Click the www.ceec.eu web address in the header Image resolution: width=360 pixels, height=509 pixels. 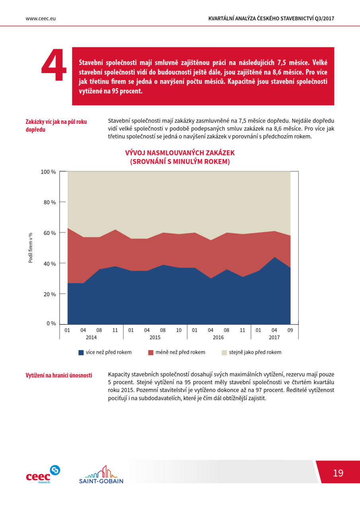(41, 19)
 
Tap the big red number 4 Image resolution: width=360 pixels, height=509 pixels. (54, 65)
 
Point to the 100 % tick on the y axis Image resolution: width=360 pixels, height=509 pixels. (48, 172)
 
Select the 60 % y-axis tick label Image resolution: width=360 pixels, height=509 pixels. (50, 233)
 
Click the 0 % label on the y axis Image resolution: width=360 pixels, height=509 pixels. (51, 323)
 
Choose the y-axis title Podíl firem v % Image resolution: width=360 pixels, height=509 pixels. (31, 248)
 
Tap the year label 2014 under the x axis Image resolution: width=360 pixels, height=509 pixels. (91, 338)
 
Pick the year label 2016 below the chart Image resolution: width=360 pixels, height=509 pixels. (218, 338)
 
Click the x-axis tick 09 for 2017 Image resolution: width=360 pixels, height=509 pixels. (290, 330)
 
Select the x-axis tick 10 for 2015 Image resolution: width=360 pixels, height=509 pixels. (179, 330)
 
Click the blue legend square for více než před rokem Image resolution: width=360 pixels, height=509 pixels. (81, 352)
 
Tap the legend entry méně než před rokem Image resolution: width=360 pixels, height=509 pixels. (177, 352)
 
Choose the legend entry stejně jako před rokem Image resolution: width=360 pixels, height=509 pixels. (251, 352)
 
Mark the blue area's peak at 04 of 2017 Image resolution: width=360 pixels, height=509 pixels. (274, 257)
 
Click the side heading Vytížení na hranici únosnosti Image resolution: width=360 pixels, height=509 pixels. (59, 375)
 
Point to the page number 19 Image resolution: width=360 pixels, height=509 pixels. (338, 473)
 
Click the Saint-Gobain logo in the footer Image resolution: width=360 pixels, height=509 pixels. (101, 474)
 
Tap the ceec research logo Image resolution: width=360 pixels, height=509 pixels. (43, 474)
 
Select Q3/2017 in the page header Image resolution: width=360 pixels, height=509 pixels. (324, 19)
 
